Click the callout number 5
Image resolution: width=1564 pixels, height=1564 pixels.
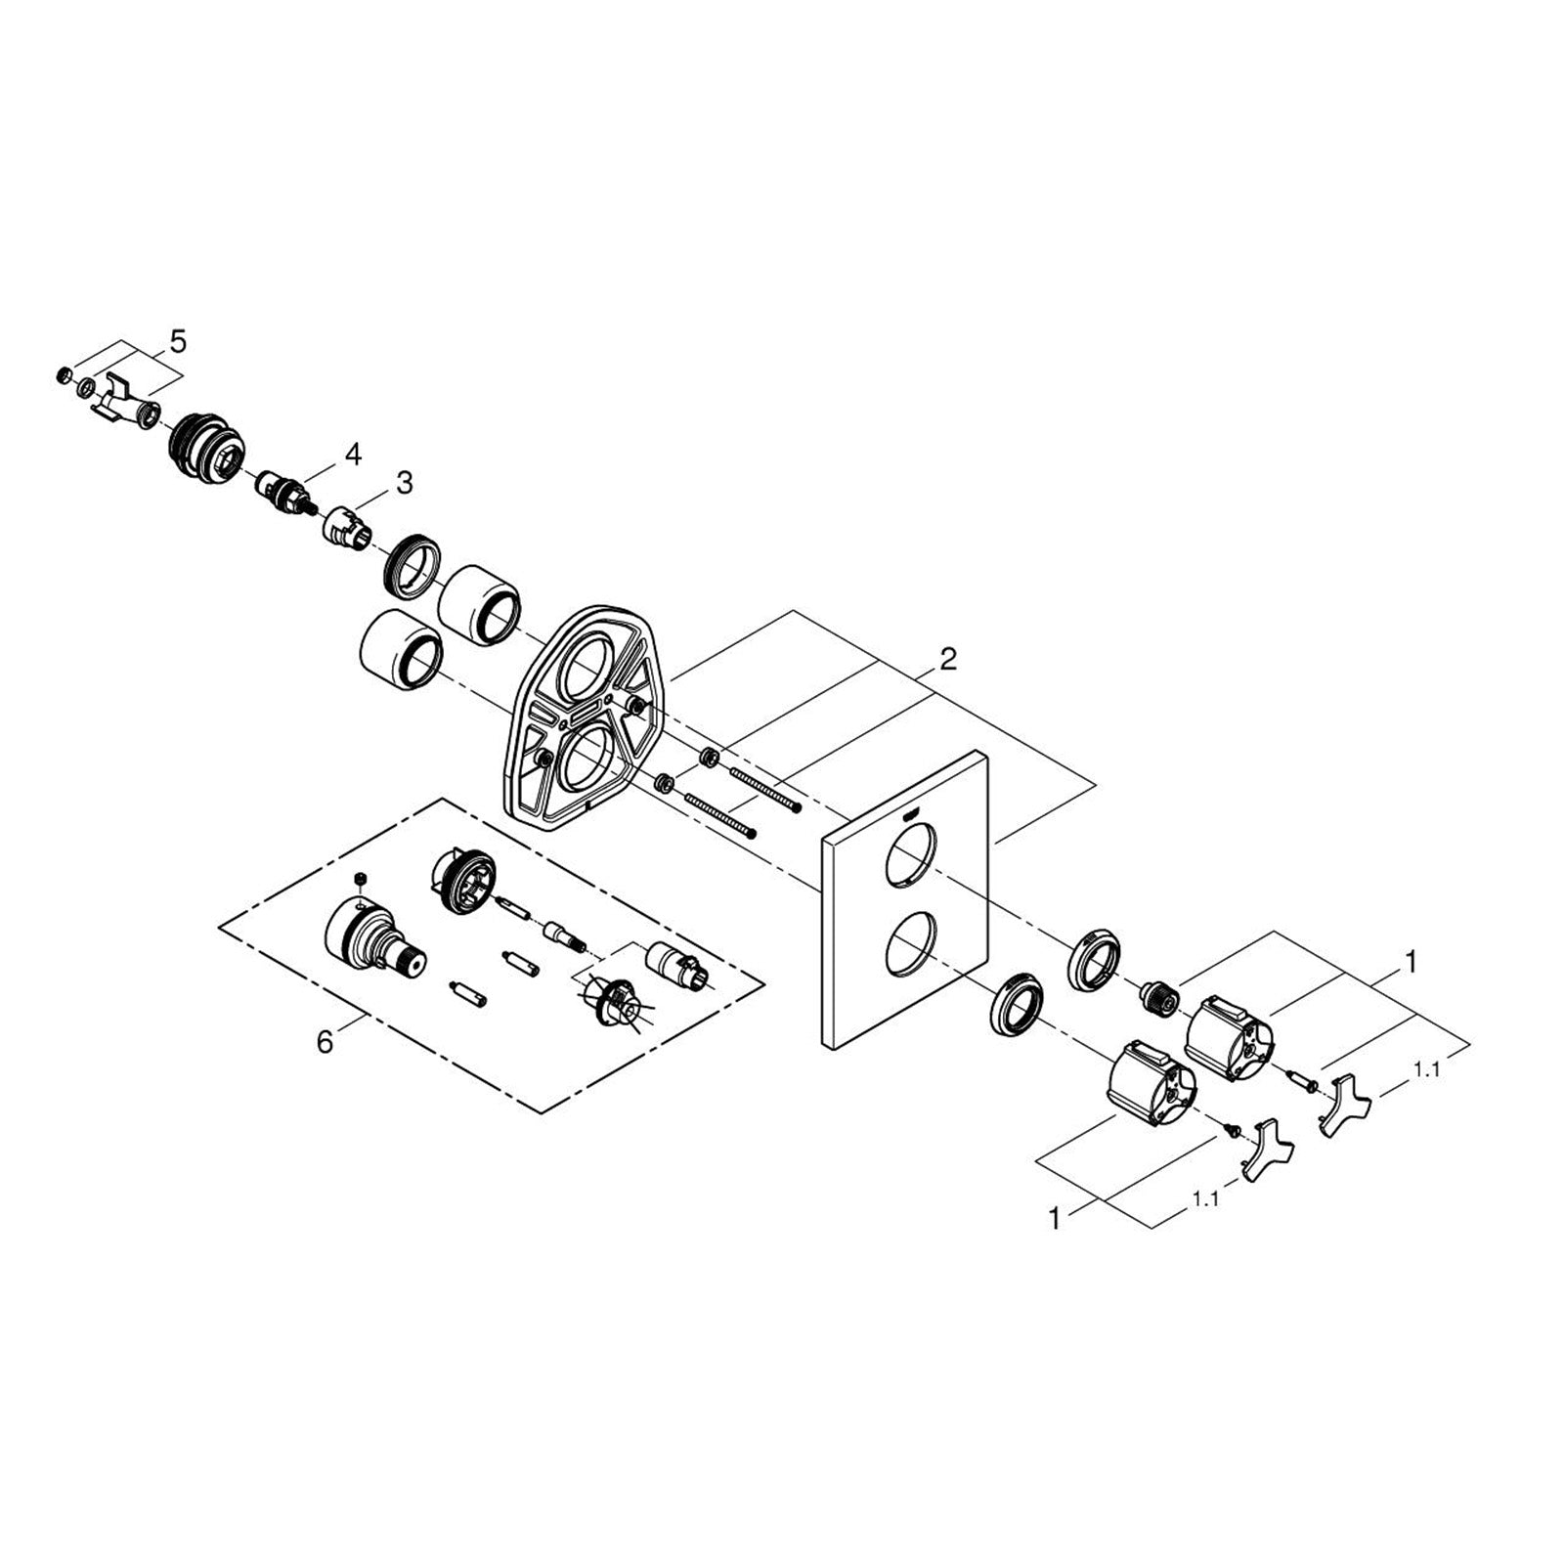point(177,341)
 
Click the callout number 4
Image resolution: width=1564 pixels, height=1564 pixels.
point(352,454)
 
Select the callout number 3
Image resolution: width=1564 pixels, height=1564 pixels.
point(404,482)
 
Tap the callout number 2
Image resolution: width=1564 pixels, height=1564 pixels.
point(946,659)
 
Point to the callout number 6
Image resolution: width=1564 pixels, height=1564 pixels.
point(325,1042)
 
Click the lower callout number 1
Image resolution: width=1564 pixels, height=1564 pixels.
point(1054,1219)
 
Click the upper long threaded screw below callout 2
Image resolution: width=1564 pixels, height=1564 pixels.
point(766,775)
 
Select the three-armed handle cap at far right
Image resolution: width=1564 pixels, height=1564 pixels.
point(1345,1104)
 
